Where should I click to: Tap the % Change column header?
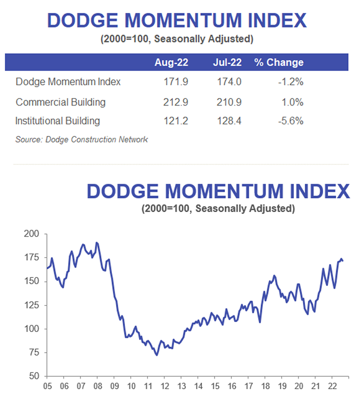pos(278,62)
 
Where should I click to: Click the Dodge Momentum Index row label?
pos(68,81)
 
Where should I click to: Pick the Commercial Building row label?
pos(60,102)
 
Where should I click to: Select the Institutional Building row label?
pos(57,120)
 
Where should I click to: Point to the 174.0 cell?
pos(229,81)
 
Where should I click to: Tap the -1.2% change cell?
pos(291,81)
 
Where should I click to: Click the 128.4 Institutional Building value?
pos(229,120)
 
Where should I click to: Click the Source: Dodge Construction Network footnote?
pos(81,139)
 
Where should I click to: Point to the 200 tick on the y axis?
pos(31,234)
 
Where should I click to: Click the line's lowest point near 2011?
pos(156,355)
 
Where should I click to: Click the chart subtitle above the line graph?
pos(218,207)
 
